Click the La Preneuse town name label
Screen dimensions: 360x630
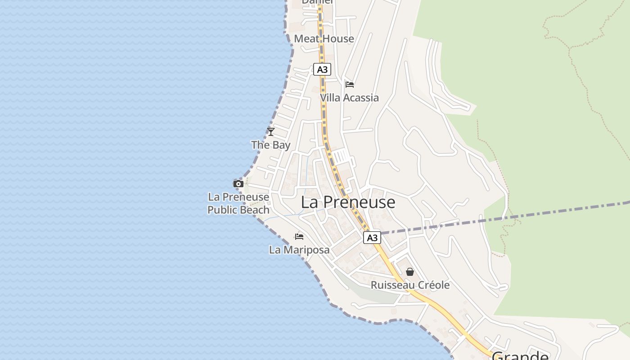coord(348,202)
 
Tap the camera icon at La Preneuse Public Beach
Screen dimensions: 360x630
coord(238,184)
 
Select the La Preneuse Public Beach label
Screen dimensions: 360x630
coord(238,203)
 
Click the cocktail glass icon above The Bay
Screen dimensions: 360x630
coord(271,131)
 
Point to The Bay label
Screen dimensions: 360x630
coord(271,145)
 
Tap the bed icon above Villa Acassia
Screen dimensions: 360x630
coord(350,84)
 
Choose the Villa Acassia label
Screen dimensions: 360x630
coord(350,98)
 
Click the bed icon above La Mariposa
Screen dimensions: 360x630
coord(299,236)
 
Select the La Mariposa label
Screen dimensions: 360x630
coord(299,250)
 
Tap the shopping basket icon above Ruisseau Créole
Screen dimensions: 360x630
coord(410,272)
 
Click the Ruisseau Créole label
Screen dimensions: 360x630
coord(410,285)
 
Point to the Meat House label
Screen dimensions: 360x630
coord(324,39)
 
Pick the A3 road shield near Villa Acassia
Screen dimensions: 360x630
coord(322,69)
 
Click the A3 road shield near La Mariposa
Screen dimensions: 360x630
coord(372,238)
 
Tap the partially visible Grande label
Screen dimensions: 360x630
coord(520,355)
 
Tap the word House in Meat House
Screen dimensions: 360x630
coord(337,39)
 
